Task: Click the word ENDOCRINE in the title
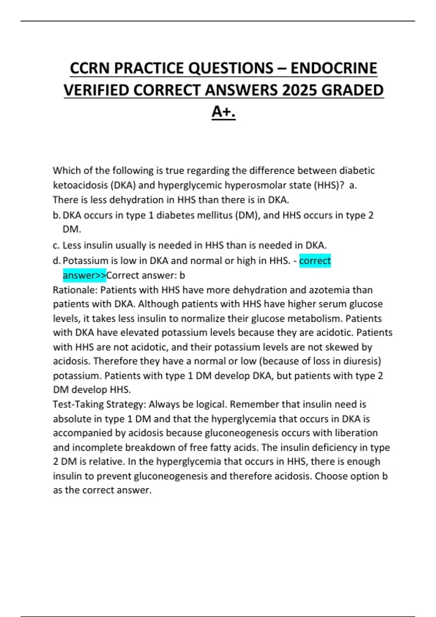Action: pos(334,68)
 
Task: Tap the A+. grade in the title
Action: pos(223,112)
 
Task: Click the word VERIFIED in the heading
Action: pos(96,90)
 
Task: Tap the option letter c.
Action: pos(56,245)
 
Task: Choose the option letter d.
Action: pos(56,261)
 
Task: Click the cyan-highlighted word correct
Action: pos(315,261)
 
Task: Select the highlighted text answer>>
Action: pos(84,275)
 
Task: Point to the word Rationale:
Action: pos(75,290)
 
